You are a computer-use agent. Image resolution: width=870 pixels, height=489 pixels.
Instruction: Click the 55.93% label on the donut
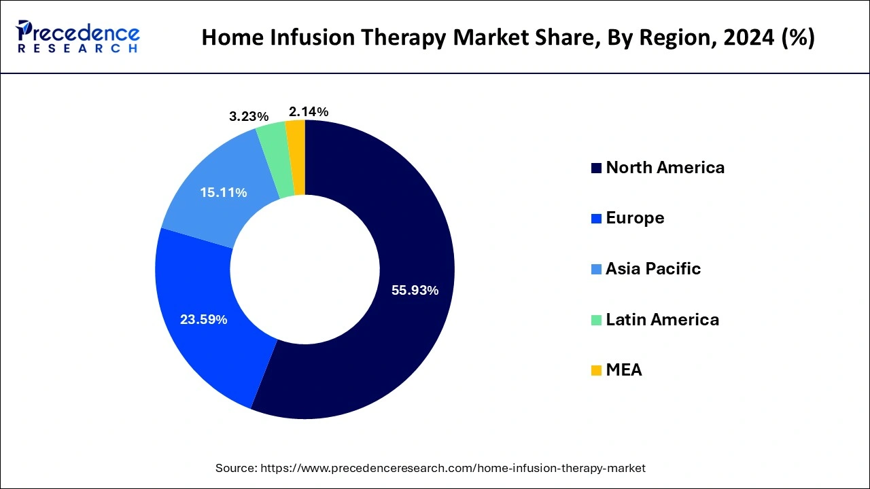tap(415, 291)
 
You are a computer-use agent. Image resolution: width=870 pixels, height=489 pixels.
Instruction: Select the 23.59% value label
tap(203, 319)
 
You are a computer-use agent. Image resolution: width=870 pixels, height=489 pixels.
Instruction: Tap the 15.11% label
tap(223, 193)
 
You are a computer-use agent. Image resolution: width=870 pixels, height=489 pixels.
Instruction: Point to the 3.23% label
tap(249, 116)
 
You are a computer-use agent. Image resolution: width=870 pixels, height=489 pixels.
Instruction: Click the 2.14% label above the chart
tap(309, 111)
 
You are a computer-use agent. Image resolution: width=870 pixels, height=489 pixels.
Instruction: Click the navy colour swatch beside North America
tap(596, 168)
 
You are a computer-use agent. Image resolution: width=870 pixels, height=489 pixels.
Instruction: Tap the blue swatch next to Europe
tap(596, 218)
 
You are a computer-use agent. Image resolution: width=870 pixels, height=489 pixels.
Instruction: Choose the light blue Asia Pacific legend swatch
tap(596, 269)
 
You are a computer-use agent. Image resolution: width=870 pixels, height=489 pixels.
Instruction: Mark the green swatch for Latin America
tap(596, 320)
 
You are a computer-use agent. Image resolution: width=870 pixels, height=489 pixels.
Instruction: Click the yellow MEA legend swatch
tap(596, 370)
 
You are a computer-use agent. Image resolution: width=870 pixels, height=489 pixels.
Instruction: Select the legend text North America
tap(665, 168)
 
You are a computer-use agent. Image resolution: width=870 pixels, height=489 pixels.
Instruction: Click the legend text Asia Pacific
tap(652, 269)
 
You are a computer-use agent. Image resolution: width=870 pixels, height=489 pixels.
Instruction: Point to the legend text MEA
tap(623, 370)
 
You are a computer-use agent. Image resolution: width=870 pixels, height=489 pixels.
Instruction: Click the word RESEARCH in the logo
tap(78, 49)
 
